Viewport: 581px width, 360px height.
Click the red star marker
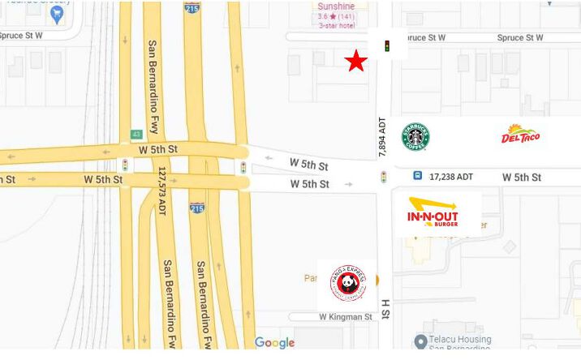(x=355, y=62)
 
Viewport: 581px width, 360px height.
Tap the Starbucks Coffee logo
(x=415, y=137)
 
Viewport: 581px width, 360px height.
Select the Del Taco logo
(x=520, y=135)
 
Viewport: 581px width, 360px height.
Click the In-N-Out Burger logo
(x=433, y=212)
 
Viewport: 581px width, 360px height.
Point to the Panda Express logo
(x=346, y=282)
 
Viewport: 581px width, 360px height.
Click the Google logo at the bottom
(x=274, y=343)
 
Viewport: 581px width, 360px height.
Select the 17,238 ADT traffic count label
(x=451, y=176)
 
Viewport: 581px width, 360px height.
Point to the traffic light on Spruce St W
(x=387, y=46)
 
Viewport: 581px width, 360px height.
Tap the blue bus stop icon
(x=417, y=175)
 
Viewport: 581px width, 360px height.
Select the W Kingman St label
(x=345, y=317)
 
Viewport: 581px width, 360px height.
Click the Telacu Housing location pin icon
(x=420, y=341)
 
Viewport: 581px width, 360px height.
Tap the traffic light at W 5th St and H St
(x=383, y=177)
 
